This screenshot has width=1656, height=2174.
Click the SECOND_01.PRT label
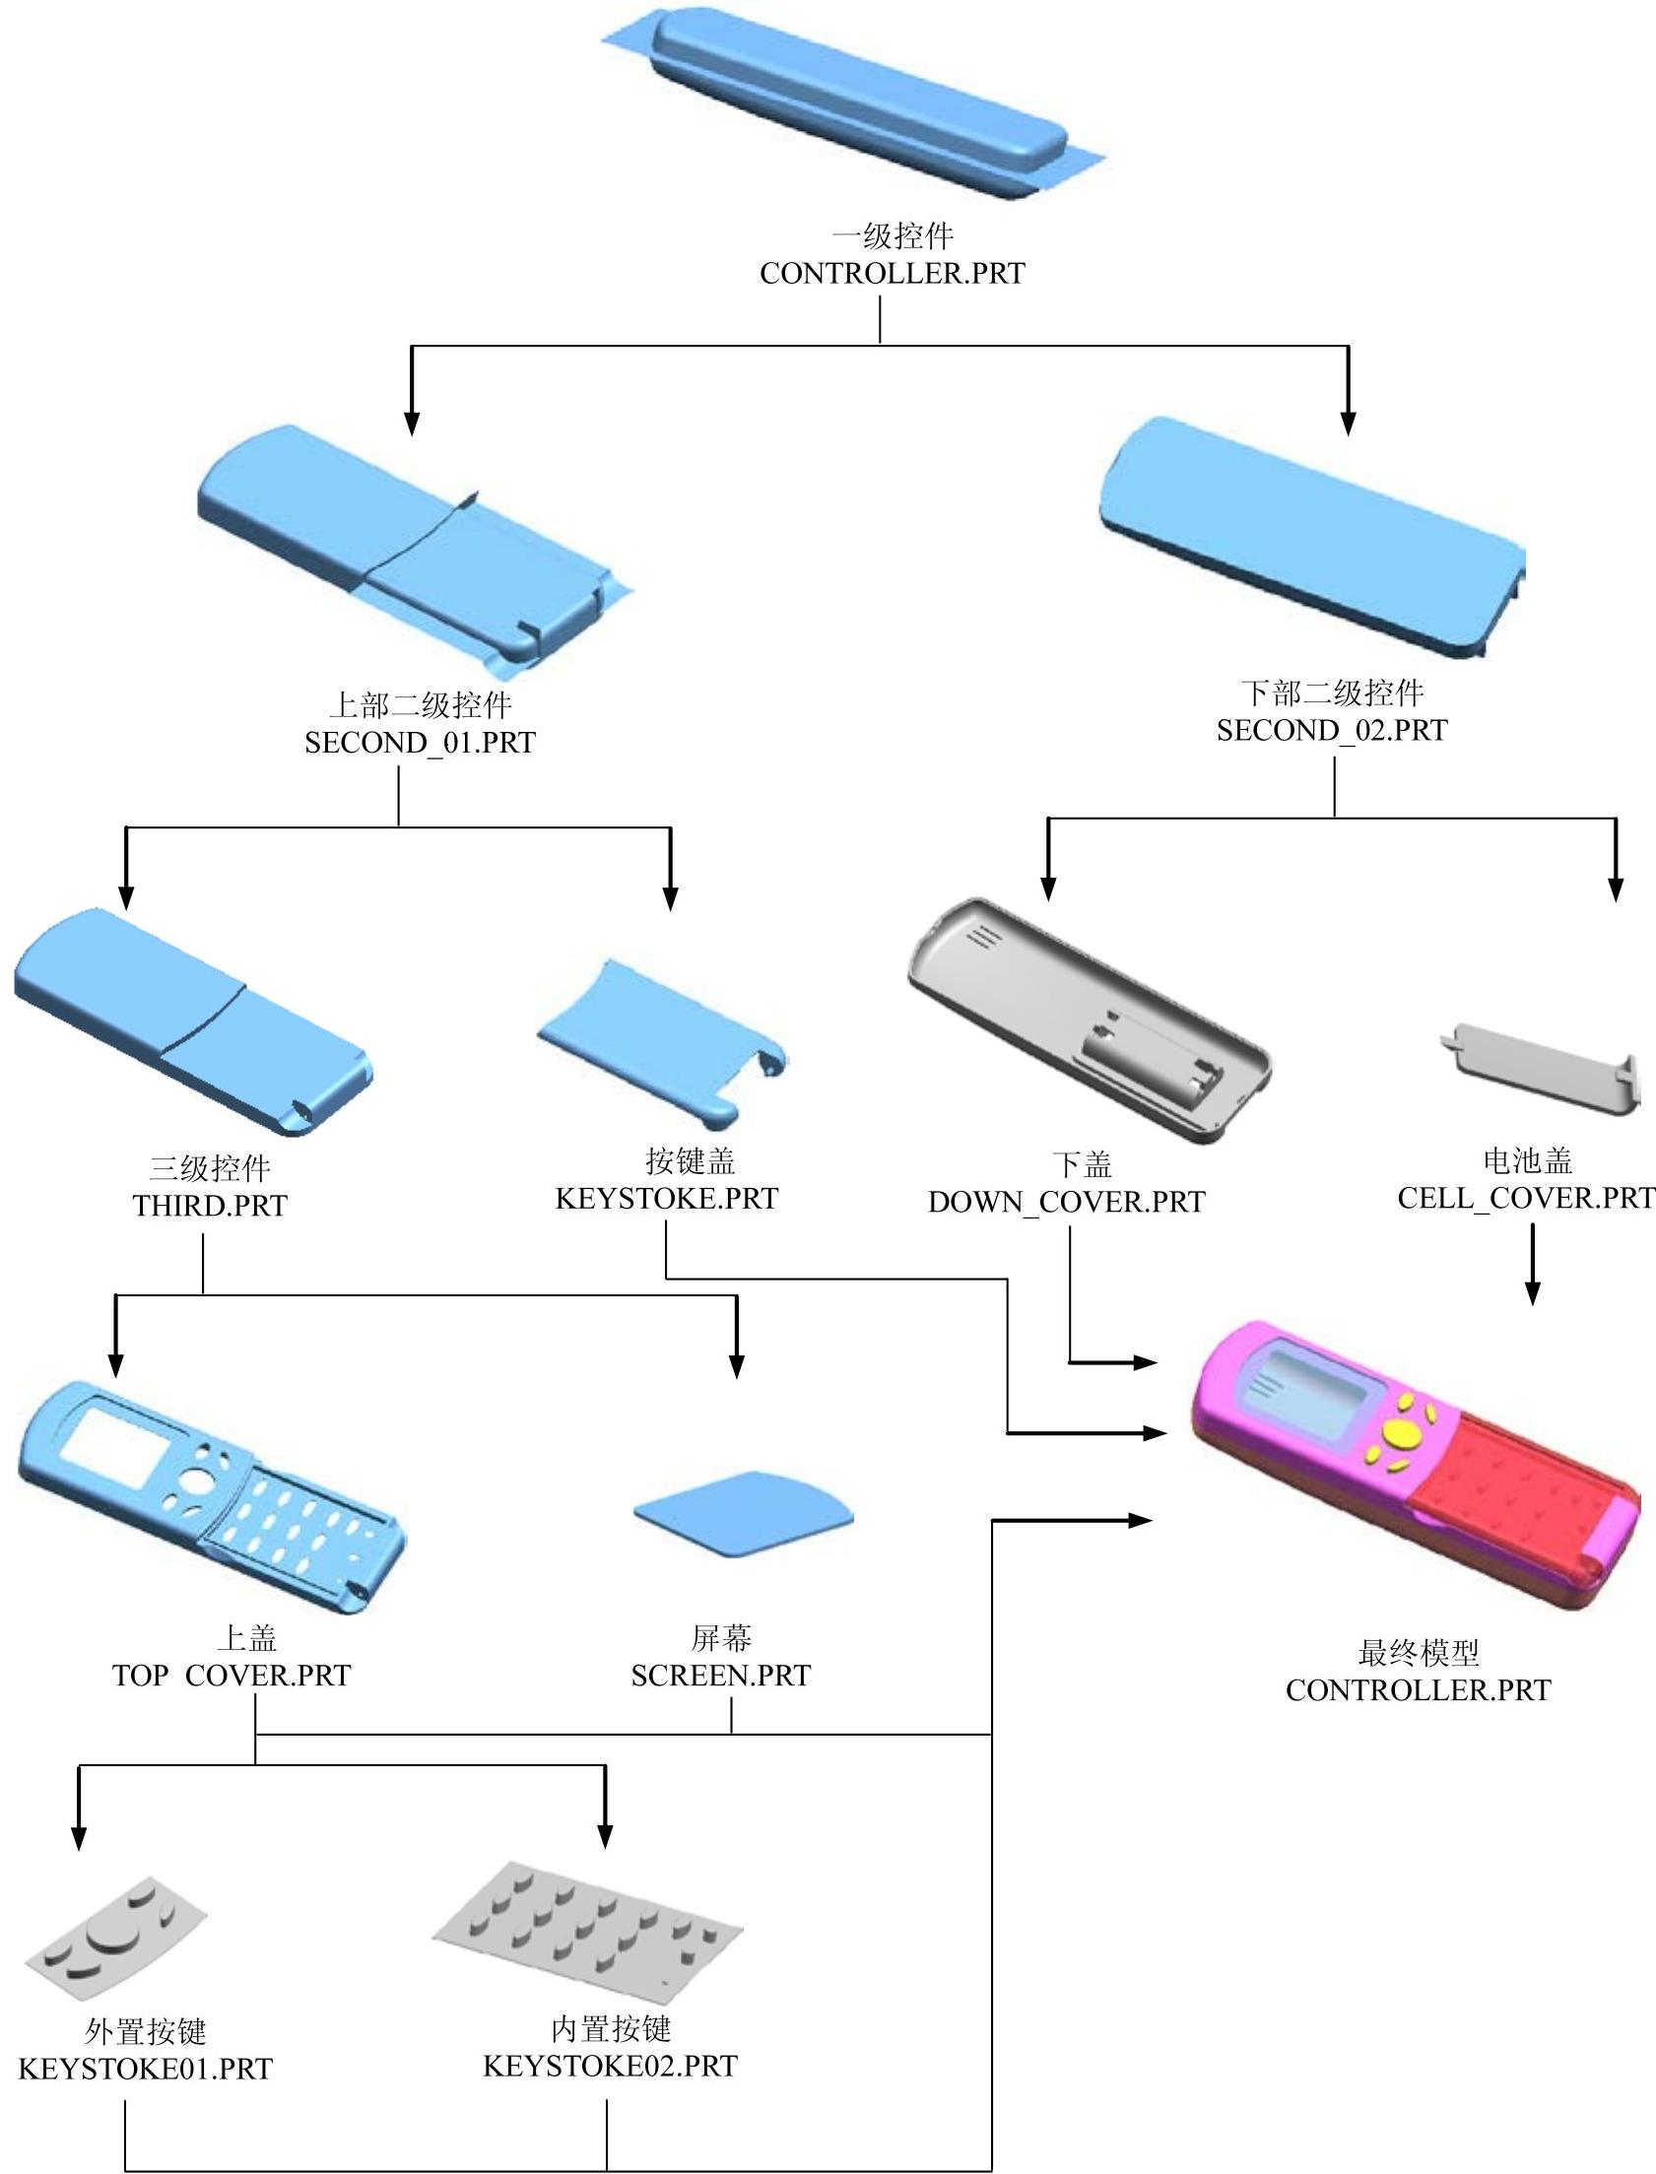click(x=419, y=742)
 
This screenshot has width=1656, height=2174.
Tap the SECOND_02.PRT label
click(x=1332, y=730)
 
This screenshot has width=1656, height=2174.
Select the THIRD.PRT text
click(x=210, y=1206)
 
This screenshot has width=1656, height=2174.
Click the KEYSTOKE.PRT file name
click(x=666, y=1199)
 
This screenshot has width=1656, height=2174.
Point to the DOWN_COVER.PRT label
click(x=1067, y=1203)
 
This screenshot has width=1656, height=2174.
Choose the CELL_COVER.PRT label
click(x=1526, y=1198)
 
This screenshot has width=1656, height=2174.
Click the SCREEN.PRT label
click(x=720, y=1676)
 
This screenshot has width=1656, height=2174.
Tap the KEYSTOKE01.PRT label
click(x=145, y=2069)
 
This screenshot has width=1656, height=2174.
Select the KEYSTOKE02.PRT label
click(x=610, y=2066)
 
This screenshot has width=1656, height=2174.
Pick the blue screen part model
click(x=745, y=1513)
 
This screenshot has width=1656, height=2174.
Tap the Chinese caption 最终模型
click(x=1419, y=1653)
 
